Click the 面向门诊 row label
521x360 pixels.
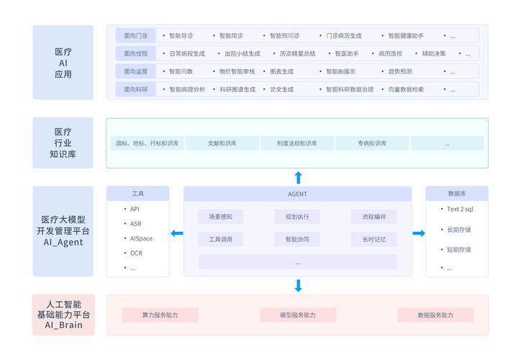(135, 35)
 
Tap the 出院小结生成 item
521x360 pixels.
(242, 53)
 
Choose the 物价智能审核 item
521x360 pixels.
(237, 71)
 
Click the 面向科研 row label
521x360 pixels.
(135, 89)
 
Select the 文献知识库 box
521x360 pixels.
(222, 143)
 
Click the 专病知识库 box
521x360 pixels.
(372, 143)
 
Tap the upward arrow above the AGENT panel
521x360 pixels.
(298, 178)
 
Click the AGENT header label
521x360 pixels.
(297, 194)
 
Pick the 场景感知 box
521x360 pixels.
(220, 217)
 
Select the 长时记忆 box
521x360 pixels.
(374, 239)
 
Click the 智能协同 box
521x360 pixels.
(297, 239)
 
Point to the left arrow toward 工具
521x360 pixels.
(176, 233)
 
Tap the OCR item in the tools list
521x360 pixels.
(136, 253)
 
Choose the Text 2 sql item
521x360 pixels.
(460, 209)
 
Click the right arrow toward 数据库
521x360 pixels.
(419, 233)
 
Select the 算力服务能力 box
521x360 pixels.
(160, 315)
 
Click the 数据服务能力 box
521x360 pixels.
(435, 315)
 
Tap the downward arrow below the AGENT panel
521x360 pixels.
(298, 285)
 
